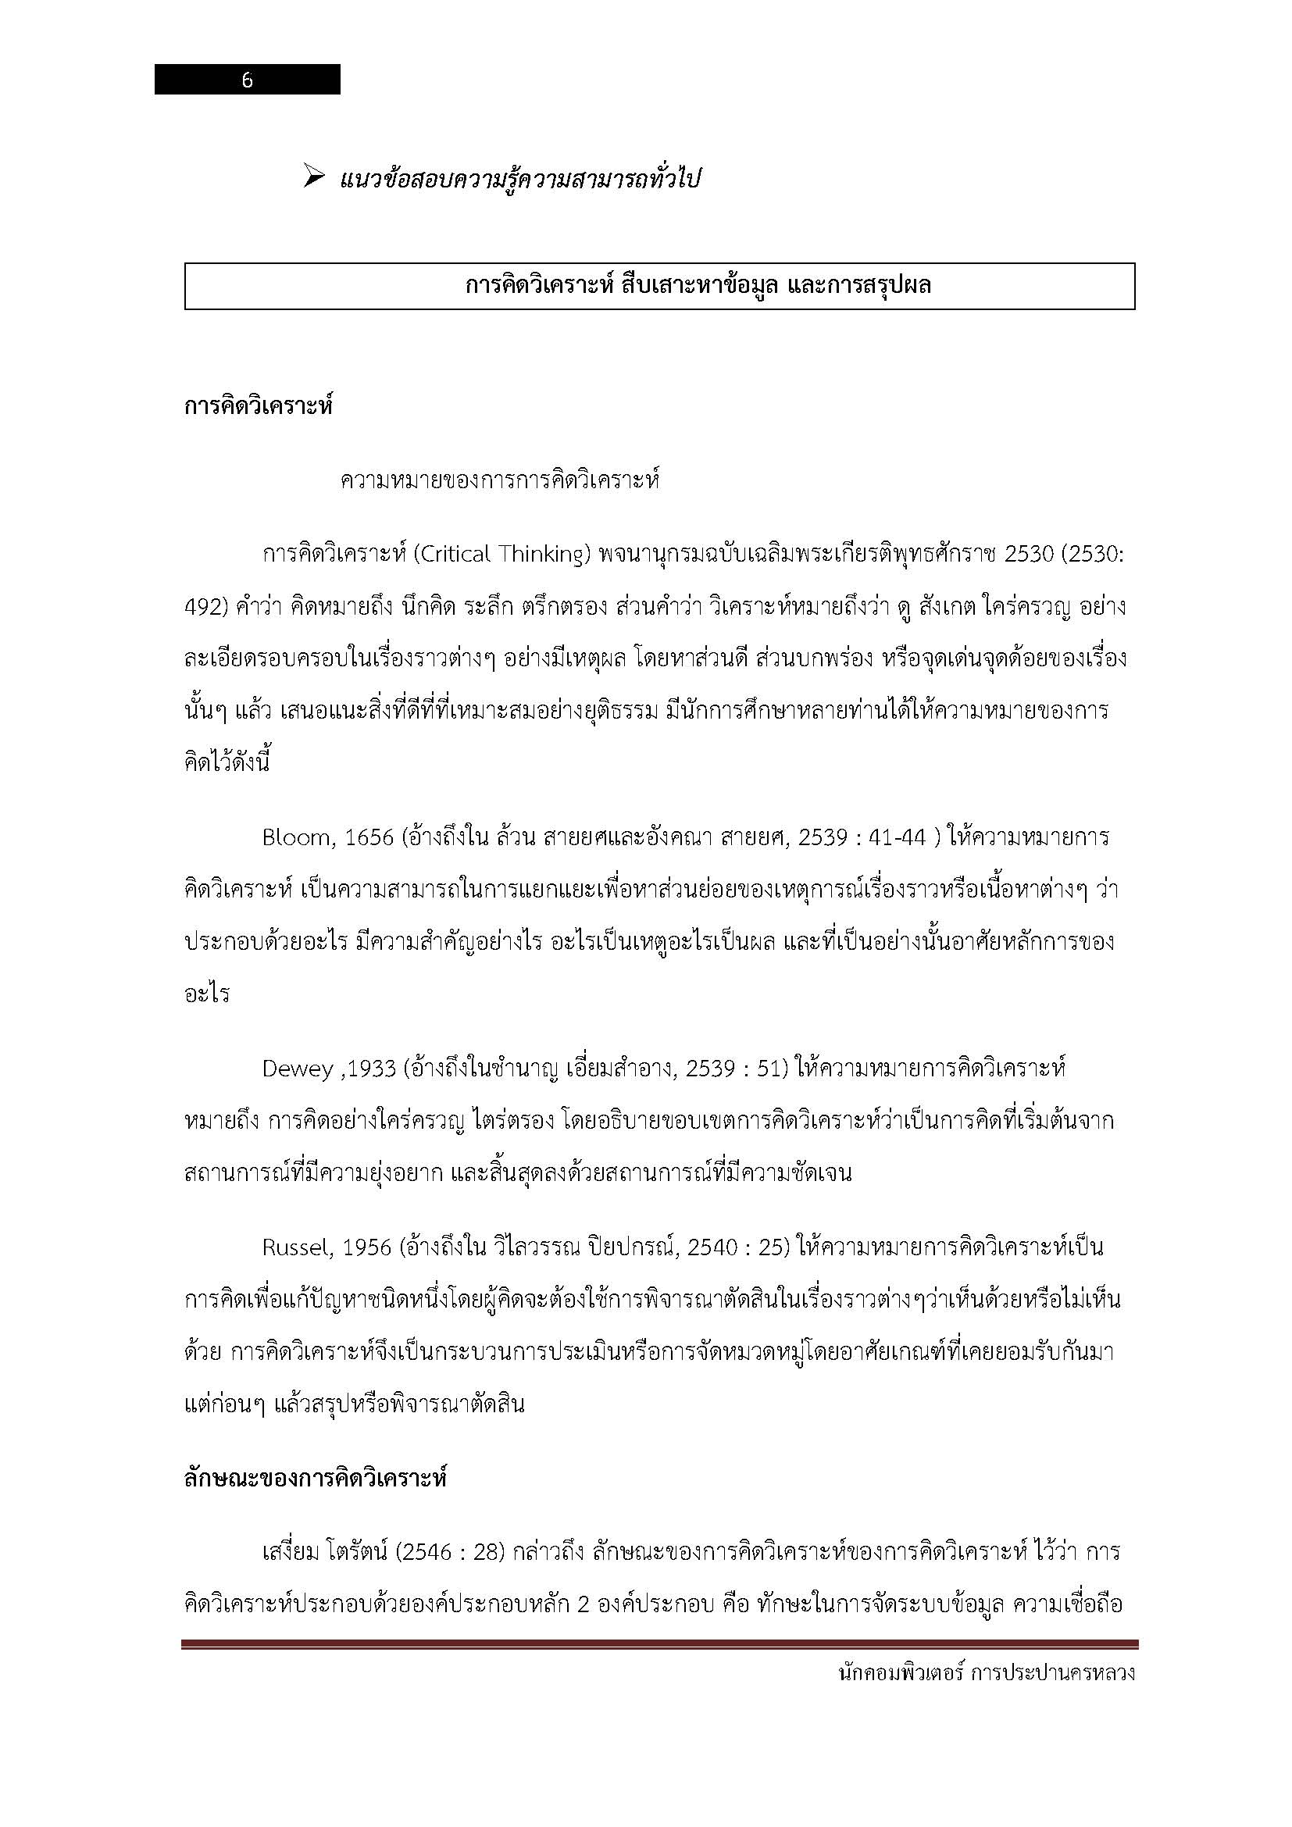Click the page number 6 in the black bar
tap(247, 80)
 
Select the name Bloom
tap(296, 838)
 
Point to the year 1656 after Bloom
tap(369, 838)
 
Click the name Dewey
tap(297, 1069)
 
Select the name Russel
tap(297, 1247)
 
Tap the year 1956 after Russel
tap(368, 1247)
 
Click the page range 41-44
tap(899, 838)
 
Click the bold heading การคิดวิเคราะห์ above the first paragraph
tap(258, 407)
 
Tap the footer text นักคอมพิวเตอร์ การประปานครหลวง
tap(987, 1672)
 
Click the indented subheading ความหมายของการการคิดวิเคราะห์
tap(500, 481)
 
